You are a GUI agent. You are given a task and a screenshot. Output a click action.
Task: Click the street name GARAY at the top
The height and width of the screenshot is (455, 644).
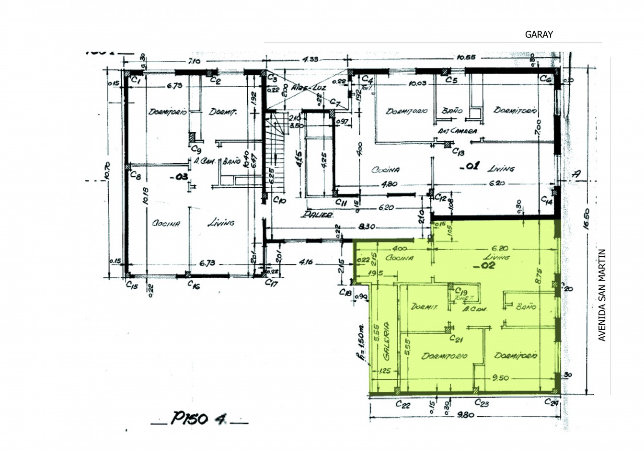[x=539, y=34]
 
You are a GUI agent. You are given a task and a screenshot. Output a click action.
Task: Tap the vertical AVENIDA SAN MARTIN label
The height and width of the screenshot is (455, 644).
[x=602, y=295]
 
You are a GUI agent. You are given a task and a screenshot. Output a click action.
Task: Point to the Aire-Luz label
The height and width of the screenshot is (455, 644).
[x=302, y=89]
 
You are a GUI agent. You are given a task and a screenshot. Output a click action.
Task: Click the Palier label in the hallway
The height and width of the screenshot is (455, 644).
[x=317, y=215]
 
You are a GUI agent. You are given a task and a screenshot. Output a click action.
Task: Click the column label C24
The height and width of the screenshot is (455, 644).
[x=552, y=402]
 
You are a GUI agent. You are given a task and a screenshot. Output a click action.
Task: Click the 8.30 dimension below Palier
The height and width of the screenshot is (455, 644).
[x=366, y=227]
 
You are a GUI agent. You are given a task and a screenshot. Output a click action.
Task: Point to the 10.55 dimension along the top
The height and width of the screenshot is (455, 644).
[x=466, y=58]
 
